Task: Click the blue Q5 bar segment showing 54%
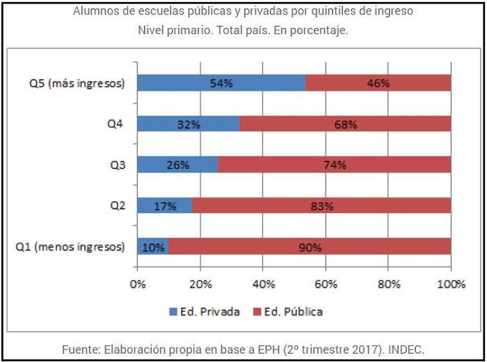click(221, 83)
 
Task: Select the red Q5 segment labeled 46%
click(378, 83)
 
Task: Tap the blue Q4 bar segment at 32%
click(188, 124)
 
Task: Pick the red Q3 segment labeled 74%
click(334, 165)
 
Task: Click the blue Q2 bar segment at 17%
click(165, 206)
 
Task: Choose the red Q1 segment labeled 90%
click(309, 247)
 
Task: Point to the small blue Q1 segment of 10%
click(152, 247)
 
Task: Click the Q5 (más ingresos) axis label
click(77, 84)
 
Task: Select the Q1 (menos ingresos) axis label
click(72, 247)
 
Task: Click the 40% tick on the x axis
click(263, 284)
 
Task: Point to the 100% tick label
click(451, 284)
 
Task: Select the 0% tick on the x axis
click(138, 284)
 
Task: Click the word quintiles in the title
click(314, 11)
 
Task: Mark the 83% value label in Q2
click(321, 206)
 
